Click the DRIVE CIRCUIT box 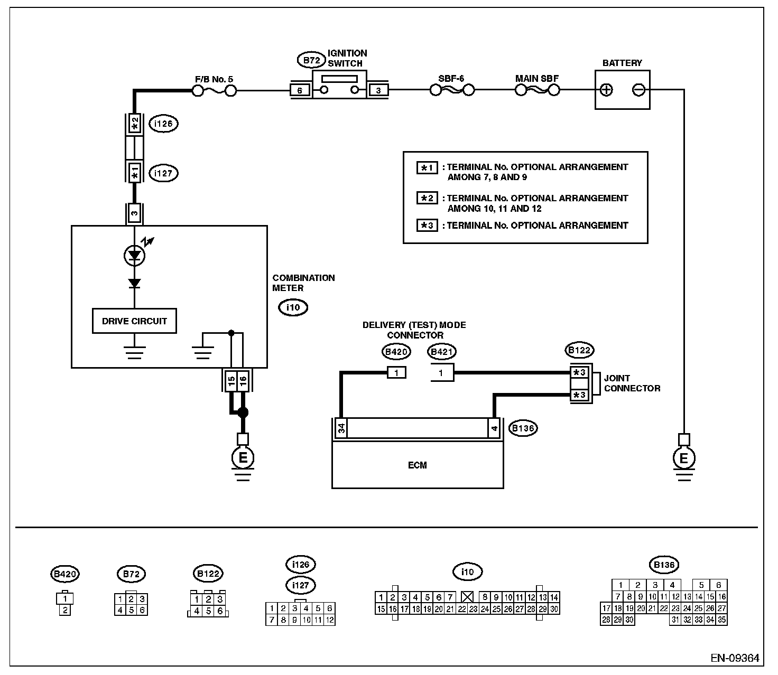point(134,321)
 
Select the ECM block point(418,465)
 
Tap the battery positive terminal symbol point(606,90)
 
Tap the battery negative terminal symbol point(638,90)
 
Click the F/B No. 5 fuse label point(214,80)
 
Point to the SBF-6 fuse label point(451,79)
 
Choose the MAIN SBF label point(536,79)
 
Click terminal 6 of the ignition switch point(300,90)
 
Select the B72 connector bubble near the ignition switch point(311,60)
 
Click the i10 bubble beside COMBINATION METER point(293,307)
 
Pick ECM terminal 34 point(341,428)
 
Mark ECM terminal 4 point(494,428)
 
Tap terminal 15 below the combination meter point(231,381)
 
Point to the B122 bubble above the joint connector point(579,350)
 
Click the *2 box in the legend point(427,198)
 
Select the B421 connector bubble point(441,352)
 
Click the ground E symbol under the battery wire point(684,458)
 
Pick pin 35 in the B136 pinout point(721,620)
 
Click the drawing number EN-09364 point(735,659)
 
